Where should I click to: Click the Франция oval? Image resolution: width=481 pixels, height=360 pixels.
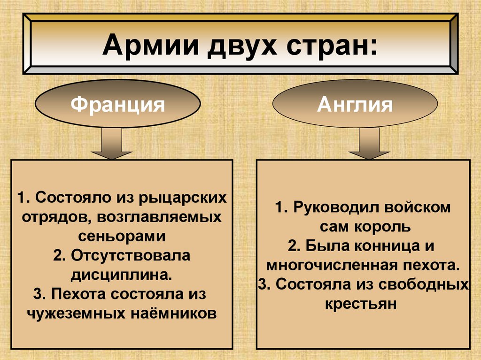tap(118, 104)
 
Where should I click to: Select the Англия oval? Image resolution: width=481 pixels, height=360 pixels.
tap(355, 104)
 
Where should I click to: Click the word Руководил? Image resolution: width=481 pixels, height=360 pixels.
tap(337, 207)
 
